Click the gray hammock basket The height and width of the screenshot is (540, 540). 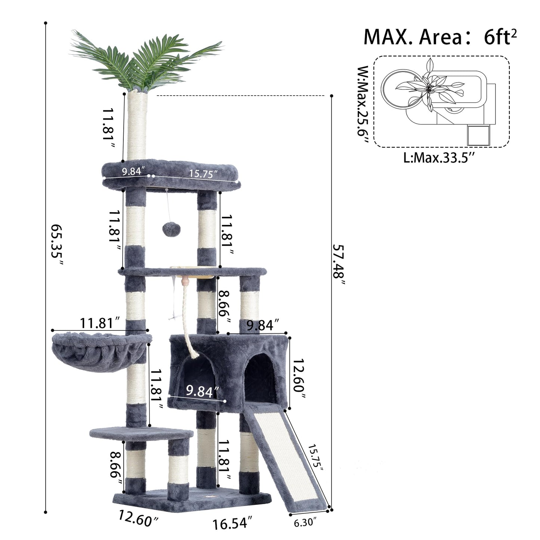(99, 353)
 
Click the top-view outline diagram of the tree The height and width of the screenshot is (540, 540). (441, 101)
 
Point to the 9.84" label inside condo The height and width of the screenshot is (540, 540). (202, 391)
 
